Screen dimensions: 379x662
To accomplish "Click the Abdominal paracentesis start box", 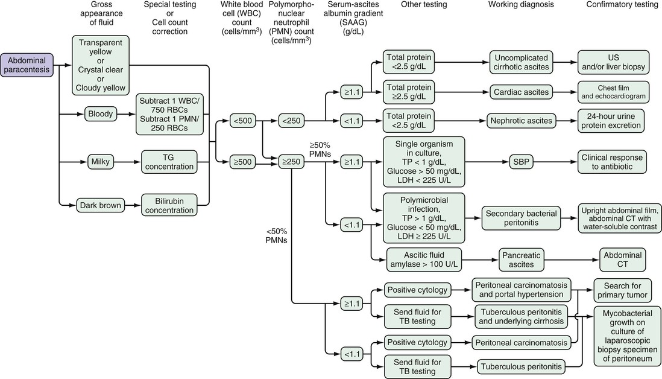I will [28, 65].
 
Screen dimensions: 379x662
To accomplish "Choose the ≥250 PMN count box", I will [291, 161].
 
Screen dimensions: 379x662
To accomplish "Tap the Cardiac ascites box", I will [519, 92].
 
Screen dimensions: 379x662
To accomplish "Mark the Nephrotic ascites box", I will [520, 121].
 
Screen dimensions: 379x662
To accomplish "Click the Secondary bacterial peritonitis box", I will [521, 218].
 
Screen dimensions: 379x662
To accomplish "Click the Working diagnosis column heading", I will [520, 5].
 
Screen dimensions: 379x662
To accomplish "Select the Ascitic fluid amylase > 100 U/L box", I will [424, 259].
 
